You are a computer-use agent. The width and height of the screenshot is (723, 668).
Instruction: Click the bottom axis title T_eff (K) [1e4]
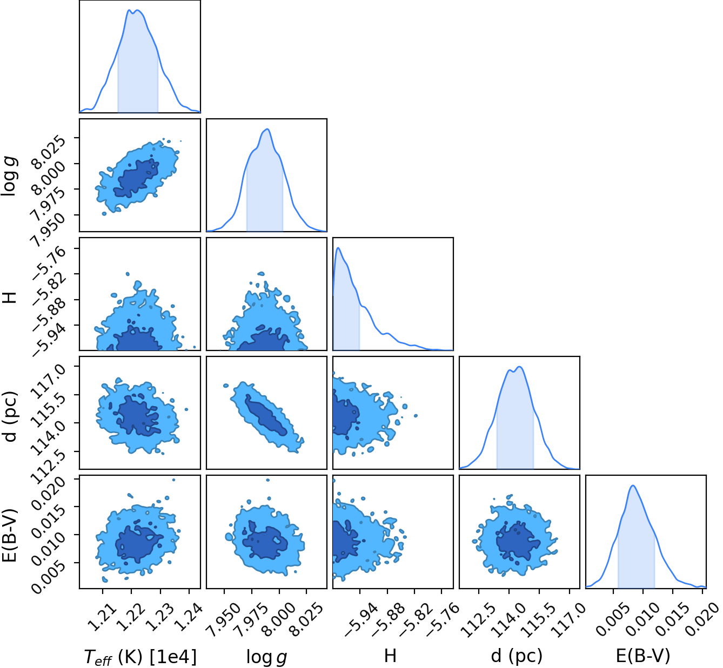tap(140, 657)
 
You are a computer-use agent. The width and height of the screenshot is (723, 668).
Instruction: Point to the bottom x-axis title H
tap(390, 656)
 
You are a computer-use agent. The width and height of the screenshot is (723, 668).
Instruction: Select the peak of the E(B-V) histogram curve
tap(633, 485)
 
